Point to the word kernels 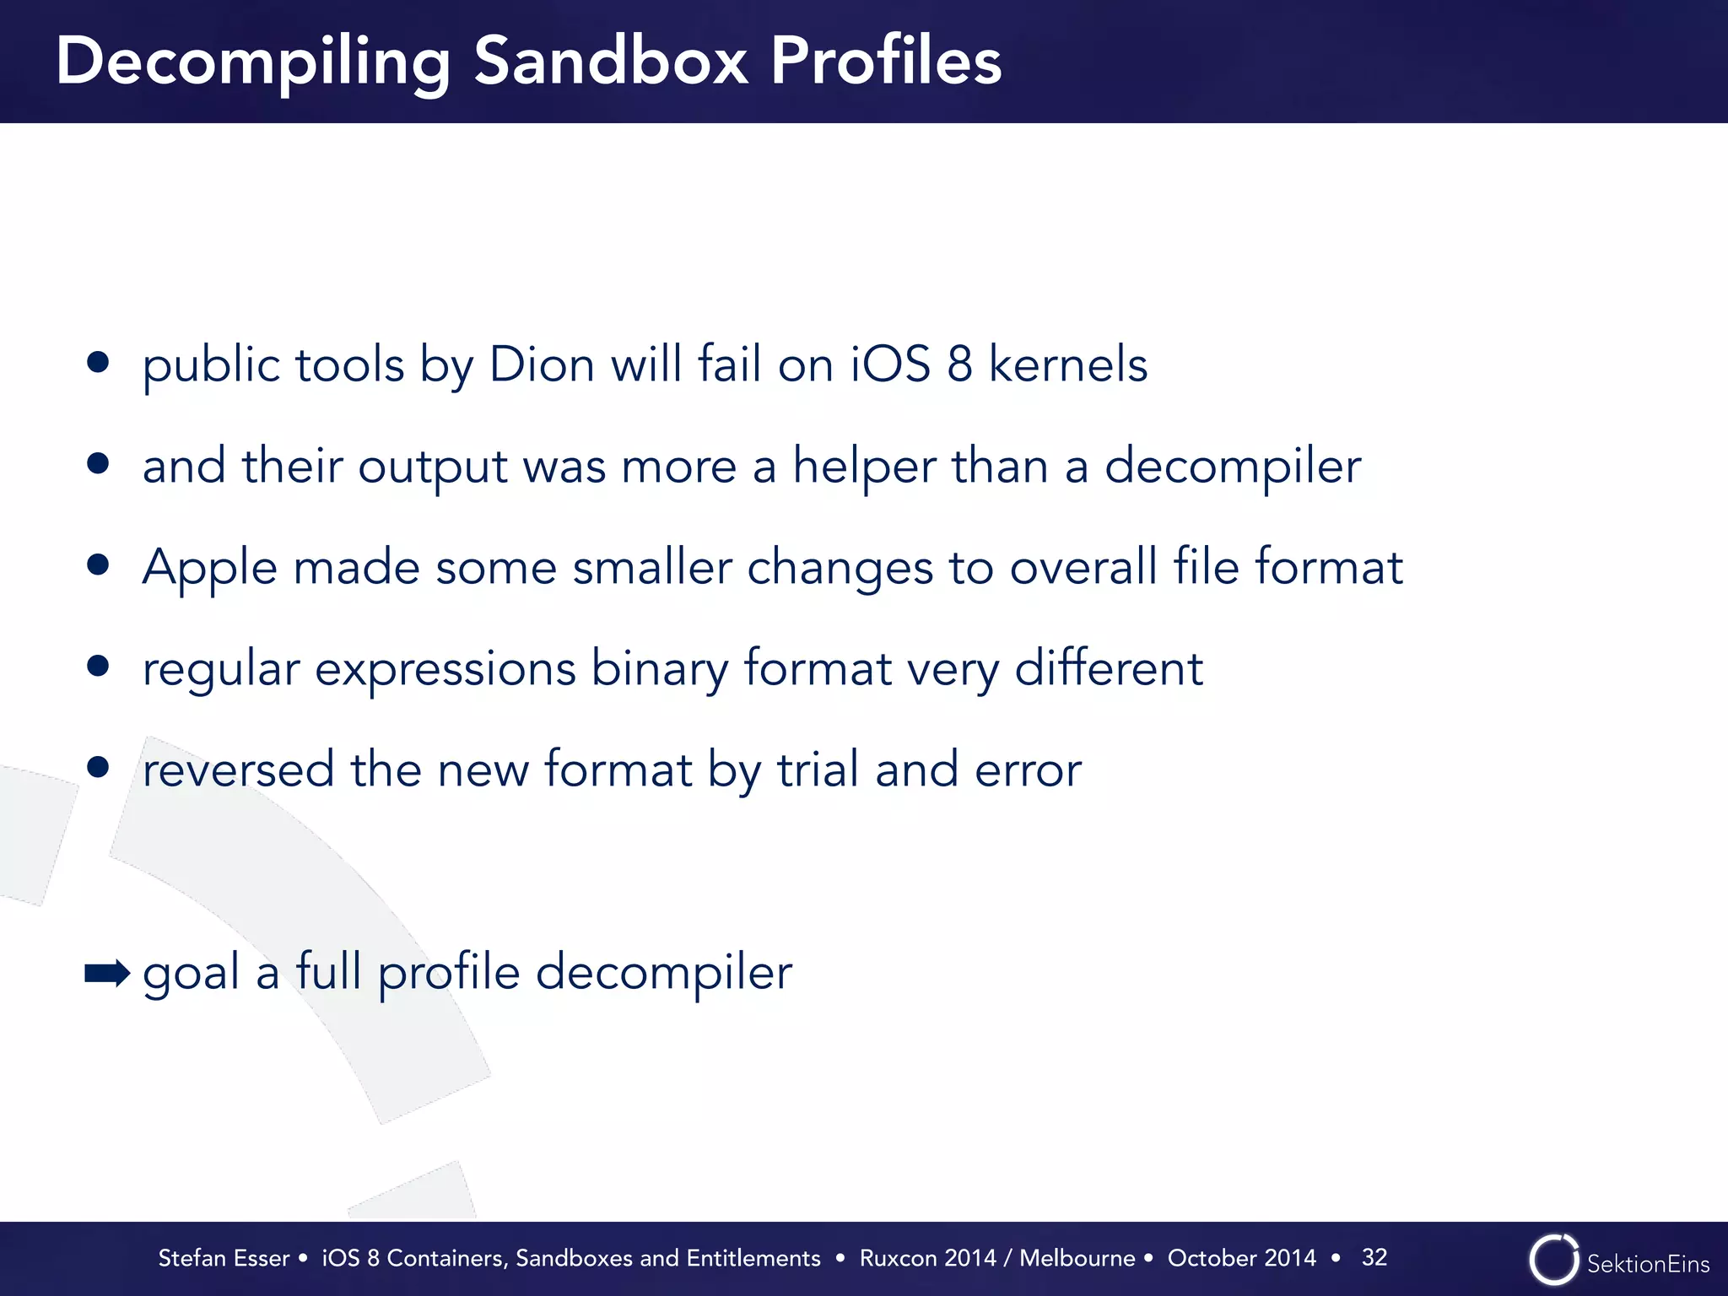(1067, 364)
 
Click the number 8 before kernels (959, 364)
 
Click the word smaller (651, 567)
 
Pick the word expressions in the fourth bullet (445, 669)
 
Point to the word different (1108, 668)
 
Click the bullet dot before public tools (98, 362)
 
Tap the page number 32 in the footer (1374, 1257)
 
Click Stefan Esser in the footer (224, 1258)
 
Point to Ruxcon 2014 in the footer (927, 1258)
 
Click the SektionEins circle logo (1553, 1260)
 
